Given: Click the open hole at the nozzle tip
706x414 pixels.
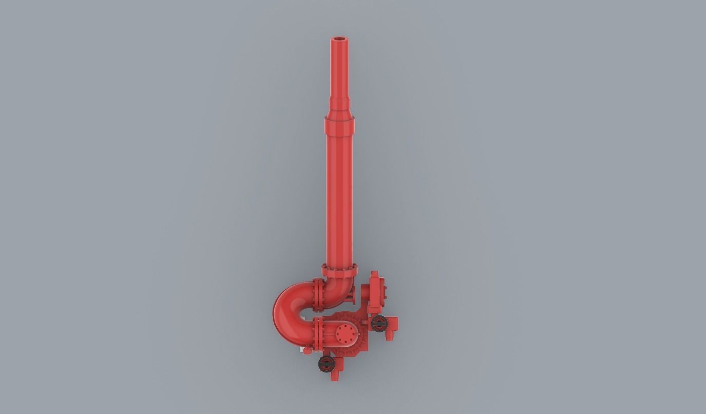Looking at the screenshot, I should (x=339, y=39).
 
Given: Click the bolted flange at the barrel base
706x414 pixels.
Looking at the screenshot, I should (x=339, y=270).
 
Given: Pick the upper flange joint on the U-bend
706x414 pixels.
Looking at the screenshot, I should (x=318, y=295).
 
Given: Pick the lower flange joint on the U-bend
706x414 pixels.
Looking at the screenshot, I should (x=318, y=333).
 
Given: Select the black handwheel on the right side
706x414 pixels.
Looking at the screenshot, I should (x=379, y=323).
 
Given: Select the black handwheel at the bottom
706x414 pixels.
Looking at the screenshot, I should (x=327, y=364).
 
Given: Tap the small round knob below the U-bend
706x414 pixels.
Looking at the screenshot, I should (x=308, y=351).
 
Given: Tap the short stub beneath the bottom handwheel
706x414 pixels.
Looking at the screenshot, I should (x=335, y=376).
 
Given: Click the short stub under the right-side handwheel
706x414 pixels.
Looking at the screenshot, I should (x=390, y=335).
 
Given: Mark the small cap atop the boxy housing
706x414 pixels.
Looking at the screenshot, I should (x=374, y=275).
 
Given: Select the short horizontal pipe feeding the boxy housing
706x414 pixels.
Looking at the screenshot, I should (x=365, y=293).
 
